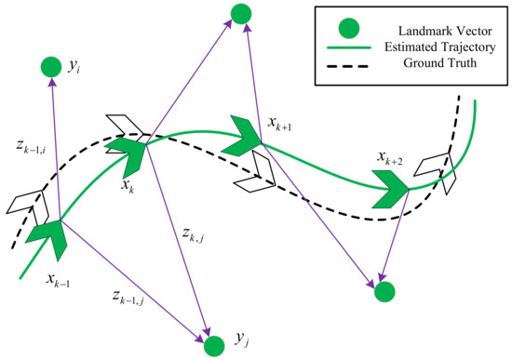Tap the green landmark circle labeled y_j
[215, 346]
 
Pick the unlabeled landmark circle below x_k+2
[384, 292]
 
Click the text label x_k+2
[389, 159]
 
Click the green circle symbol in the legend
[352, 26]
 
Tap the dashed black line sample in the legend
[352, 64]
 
